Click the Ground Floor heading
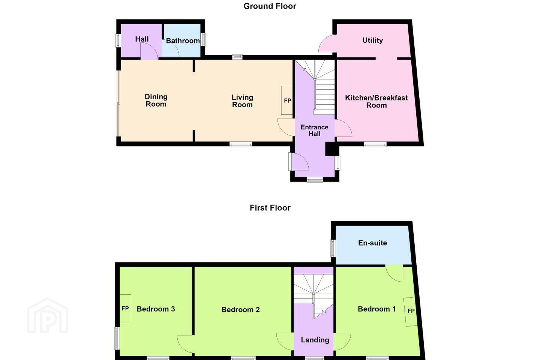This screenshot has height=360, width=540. click(270, 6)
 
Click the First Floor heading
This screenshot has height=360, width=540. click(270, 208)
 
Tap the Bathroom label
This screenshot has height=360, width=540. click(183, 41)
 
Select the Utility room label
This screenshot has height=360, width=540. click(372, 40)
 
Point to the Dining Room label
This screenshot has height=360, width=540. click(156, 100)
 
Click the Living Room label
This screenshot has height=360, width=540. click(242, 101)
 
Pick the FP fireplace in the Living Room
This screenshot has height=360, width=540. click(287, 100)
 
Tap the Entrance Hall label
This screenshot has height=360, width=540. click(314, 130)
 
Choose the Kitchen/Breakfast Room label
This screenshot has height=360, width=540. click(376, 101)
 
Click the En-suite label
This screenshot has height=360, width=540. click(372, 243)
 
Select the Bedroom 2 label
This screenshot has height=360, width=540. click(241, 310)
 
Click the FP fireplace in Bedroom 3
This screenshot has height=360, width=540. click(125, 309)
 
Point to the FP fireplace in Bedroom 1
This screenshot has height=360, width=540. click(411, 312)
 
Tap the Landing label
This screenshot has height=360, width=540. click(315, 340)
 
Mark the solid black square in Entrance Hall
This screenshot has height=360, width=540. click(332, 149)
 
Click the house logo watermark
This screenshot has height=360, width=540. click(48, 315)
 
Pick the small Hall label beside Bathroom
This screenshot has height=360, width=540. click(142, 39)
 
